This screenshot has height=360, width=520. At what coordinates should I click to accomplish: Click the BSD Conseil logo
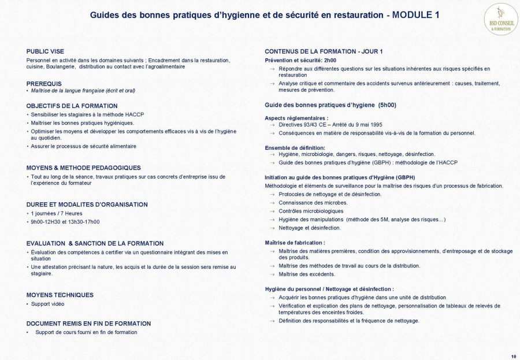coord(500,19)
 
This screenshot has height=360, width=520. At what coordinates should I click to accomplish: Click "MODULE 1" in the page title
coord(415,15)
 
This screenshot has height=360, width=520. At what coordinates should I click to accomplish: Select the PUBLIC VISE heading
coord(45,51)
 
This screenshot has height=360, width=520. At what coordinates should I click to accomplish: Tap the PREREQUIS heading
coord(44,84)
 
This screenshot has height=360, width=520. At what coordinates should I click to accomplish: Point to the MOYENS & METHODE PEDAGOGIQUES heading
coord(83,168)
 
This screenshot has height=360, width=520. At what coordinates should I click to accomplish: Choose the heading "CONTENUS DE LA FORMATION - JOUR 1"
coord(324,51)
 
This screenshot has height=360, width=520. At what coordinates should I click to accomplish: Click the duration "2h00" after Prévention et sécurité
coord(329,60)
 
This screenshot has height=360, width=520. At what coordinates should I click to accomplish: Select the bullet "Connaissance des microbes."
coord(313,203)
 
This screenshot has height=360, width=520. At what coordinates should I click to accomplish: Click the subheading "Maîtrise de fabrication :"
coord(295,243)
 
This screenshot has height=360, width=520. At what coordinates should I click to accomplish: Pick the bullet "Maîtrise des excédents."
coord(306,274)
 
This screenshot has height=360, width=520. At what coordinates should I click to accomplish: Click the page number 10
coord(514,356)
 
